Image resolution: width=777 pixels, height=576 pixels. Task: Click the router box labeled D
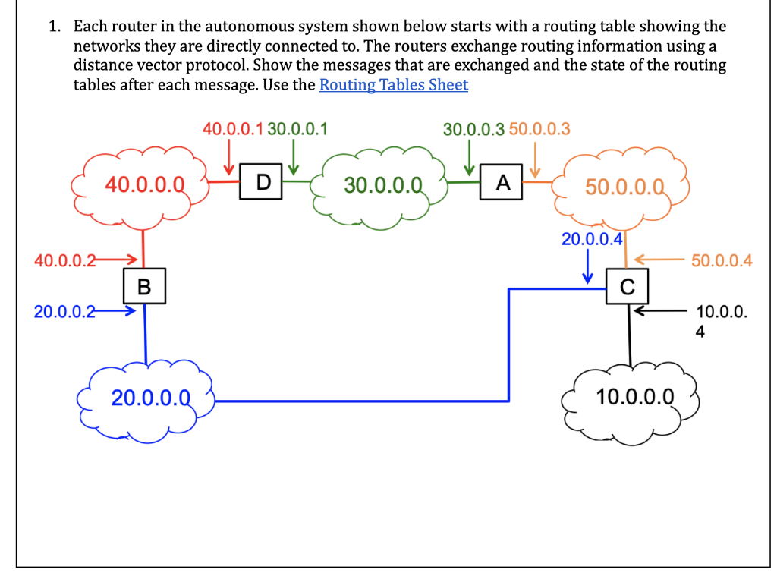262,181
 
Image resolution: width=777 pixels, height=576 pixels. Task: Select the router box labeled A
502,183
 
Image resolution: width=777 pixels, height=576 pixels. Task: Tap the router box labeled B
144,286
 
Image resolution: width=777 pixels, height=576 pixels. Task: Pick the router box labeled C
626,286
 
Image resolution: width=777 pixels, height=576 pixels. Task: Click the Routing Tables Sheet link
394,85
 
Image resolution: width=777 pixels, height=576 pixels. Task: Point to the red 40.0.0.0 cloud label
145,183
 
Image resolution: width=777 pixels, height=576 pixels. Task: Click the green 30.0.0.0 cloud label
383,184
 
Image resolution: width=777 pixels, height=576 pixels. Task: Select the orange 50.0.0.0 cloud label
625,187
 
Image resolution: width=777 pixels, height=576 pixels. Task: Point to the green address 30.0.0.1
297,128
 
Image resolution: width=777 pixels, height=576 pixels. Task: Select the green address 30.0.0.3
473,128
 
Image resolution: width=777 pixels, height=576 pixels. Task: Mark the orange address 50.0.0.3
539,128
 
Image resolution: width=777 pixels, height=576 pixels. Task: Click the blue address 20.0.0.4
592,240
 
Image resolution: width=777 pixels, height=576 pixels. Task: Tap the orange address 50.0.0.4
722,261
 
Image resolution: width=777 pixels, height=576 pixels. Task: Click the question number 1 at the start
54,27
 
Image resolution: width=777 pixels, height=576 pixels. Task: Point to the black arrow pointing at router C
663,310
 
